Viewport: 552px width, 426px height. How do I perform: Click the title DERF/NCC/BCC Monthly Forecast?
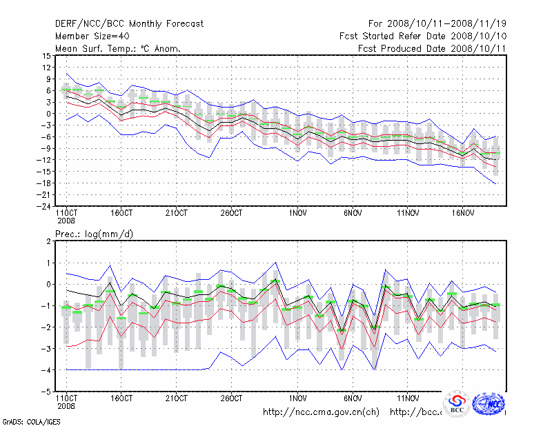(x=129, y=24)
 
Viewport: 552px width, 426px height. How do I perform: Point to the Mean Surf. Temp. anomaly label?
(x=118, y=48)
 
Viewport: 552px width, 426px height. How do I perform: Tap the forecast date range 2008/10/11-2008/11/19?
(x=437, y=24)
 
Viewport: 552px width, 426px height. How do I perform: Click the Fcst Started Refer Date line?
(x=423, y=36)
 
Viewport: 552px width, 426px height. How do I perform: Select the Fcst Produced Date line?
(x=432, y=48)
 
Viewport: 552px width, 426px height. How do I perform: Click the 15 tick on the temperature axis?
(x=47, y=56)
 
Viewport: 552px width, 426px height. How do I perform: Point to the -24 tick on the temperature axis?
(x=44, y=206)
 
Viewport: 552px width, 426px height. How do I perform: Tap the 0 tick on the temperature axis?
(x=49, y=114)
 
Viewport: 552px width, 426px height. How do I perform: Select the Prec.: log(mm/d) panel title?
(x=95, y=234)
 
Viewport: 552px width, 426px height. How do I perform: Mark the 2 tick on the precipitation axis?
(x=49, y=241)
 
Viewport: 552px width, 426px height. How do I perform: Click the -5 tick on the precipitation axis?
(x=47, y=392)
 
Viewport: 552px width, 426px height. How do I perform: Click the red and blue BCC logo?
(x=457, y=404)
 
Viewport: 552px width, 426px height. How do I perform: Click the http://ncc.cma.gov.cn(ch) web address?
(x=322, y=412)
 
